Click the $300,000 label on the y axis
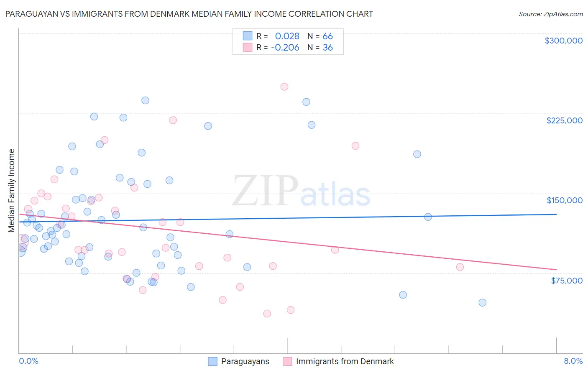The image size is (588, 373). [563, 41]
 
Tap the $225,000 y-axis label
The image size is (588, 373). [564, 120]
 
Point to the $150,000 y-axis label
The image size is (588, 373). [564, 200]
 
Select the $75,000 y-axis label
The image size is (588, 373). [566, 281]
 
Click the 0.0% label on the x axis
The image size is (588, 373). [28, 361]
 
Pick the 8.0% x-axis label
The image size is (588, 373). [573, 361]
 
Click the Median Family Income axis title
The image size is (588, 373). [12, 191]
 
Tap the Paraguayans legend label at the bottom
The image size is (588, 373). [245, 361]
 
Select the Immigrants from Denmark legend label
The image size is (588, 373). [345, 361]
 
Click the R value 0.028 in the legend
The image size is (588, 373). [287, 36]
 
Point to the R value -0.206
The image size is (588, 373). [285, 48]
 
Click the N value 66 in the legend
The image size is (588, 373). [327, 36]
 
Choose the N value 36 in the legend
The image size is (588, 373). [327, 48]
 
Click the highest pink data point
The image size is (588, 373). [284, 87]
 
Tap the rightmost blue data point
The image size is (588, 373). [482, 303]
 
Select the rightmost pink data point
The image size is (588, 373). [460, 267]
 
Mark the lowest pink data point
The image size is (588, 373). [267, 314]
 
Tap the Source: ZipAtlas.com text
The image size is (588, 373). [550, 14]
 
